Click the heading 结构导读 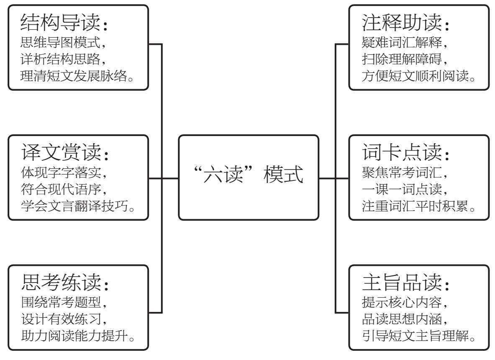61,22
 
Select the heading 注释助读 402,22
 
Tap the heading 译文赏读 61,152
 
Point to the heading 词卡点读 402,152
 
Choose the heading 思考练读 61,282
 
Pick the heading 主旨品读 402,282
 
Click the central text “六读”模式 249,174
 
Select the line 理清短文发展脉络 74,76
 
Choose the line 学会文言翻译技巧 74,206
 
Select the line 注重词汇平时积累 415,206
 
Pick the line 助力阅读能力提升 74,336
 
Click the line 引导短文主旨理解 415,336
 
